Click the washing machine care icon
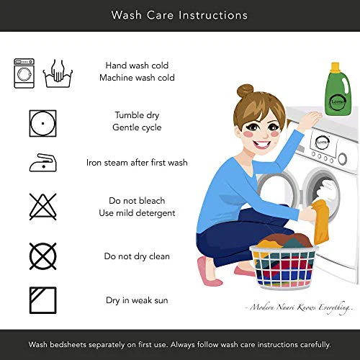[x=24, y=73]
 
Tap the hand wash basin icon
[x=58, y=73]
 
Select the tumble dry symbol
[x=42, y=123]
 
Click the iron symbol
[x=43, y=163]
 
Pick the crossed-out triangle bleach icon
[x=43, y=207]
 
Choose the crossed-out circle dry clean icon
[x=43, y=256]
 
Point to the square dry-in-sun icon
[x=43, y=300]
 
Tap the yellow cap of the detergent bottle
[x=335, y=67]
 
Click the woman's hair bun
[x=245, y=91]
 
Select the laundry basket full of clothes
[x=284, y=261]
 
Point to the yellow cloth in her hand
[x=320, y=222]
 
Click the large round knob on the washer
[x=343, y=158]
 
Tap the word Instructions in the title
[x=213, y=15]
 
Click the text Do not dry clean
[x=137, y=256]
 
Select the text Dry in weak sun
[x=137, y=300]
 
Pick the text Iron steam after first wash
[x=137, y=163]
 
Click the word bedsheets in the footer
[x=68, y=345]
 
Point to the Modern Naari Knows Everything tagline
[x=299, y=307]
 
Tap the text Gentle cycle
[x=137, y=127]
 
